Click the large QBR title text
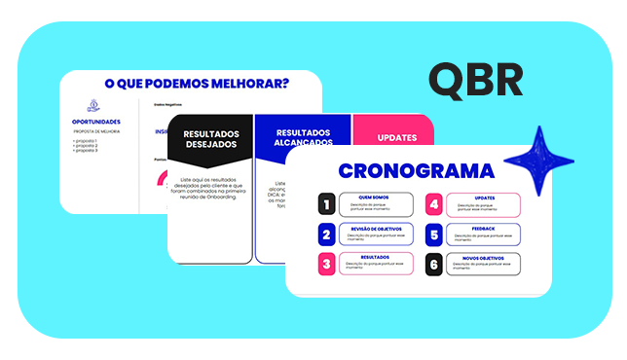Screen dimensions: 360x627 point(476,81)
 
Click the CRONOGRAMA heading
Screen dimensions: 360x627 point(416,171)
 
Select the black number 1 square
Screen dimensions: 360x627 point(326,203)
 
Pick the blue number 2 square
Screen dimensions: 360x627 point(326,234)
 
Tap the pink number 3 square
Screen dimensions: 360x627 point(326,263)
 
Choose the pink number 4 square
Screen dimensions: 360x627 point(434,203)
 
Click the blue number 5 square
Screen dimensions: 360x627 point(434,234)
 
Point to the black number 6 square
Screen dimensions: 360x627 point(434,263)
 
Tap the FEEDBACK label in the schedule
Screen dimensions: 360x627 point(484,229)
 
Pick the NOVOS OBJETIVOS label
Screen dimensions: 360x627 point(484,258)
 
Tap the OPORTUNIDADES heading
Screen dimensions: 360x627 point(95,122)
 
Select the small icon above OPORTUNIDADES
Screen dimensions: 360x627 point(93,105)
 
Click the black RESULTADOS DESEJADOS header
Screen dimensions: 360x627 point(209,139)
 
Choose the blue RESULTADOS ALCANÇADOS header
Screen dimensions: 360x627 point(302,138)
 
